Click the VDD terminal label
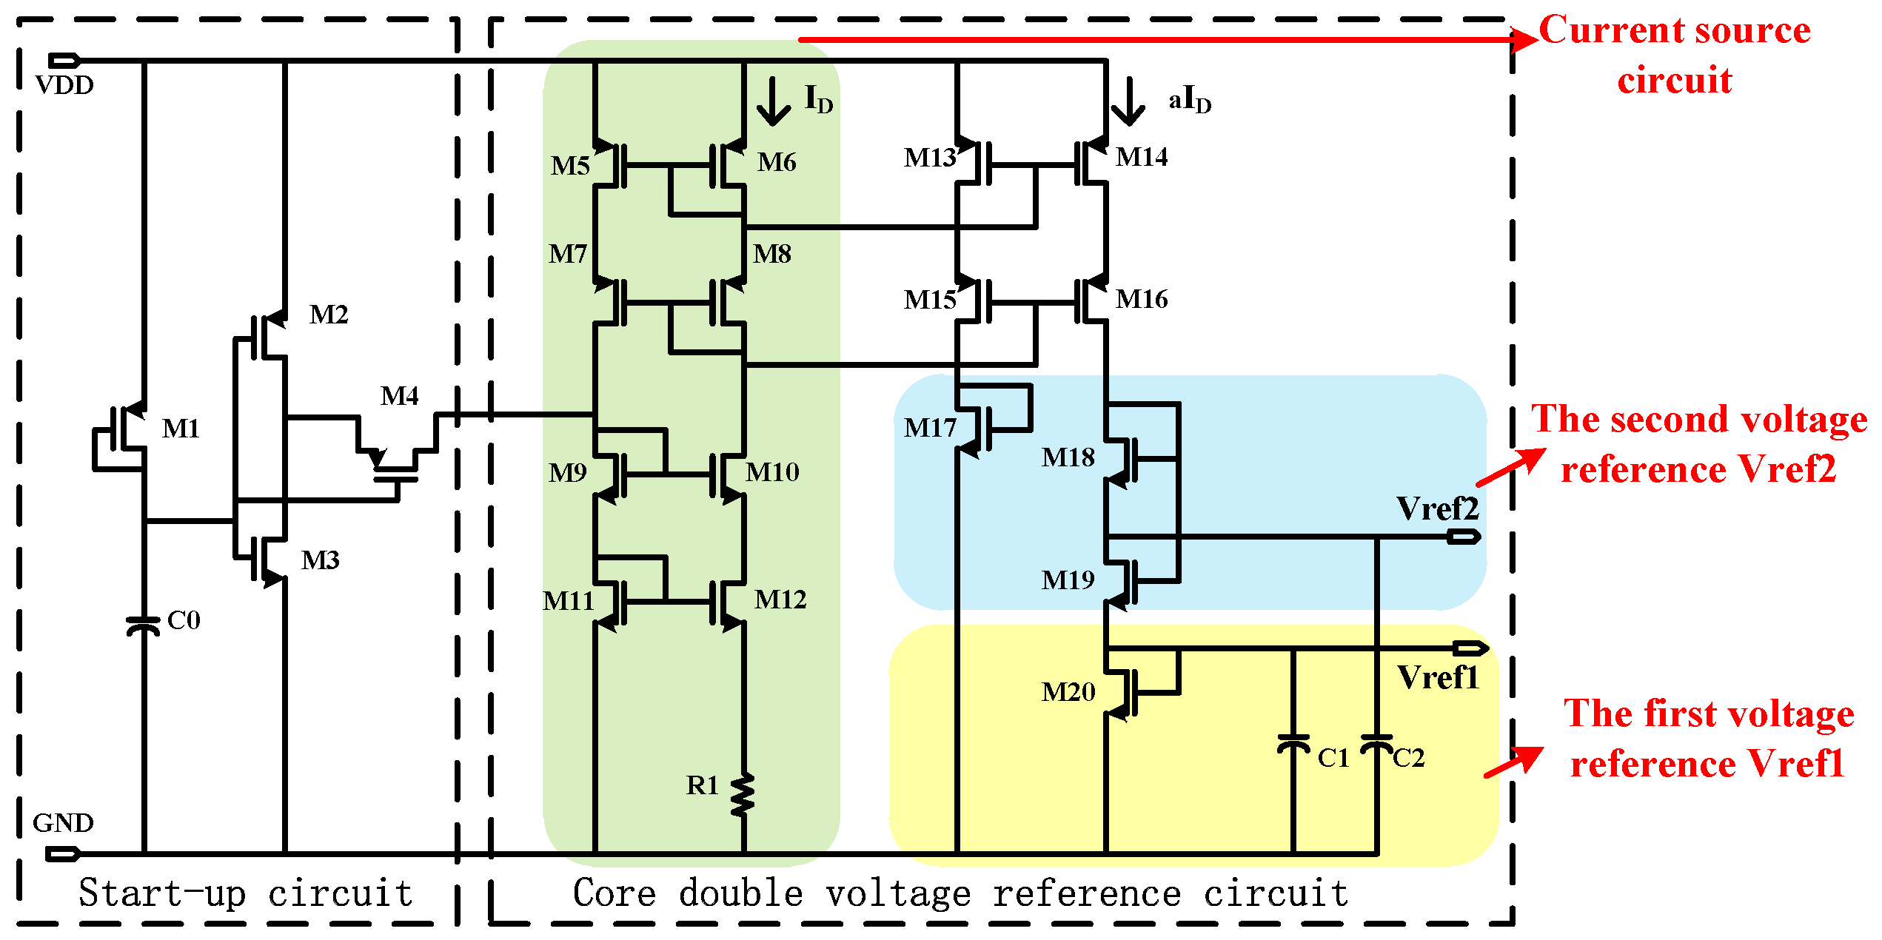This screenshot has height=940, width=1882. click(64, 86)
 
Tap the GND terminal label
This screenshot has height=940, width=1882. click(63, 823)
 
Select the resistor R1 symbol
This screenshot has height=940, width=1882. click(743, 795)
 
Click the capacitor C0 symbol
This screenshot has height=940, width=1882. click(143, 626)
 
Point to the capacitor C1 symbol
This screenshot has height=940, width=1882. click(1293, 744)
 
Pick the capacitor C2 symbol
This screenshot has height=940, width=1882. click(1377, 743)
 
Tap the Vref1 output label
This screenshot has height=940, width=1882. click(1438, 678)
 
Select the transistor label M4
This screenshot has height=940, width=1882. click(400, 397)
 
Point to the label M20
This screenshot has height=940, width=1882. click(1068, 693)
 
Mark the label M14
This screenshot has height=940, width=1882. click(1142, 158)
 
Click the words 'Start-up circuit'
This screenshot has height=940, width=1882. click(246, 893)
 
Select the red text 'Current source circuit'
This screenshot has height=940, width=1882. click(1675, 55)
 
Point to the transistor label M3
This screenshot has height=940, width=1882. click(320, 561)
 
